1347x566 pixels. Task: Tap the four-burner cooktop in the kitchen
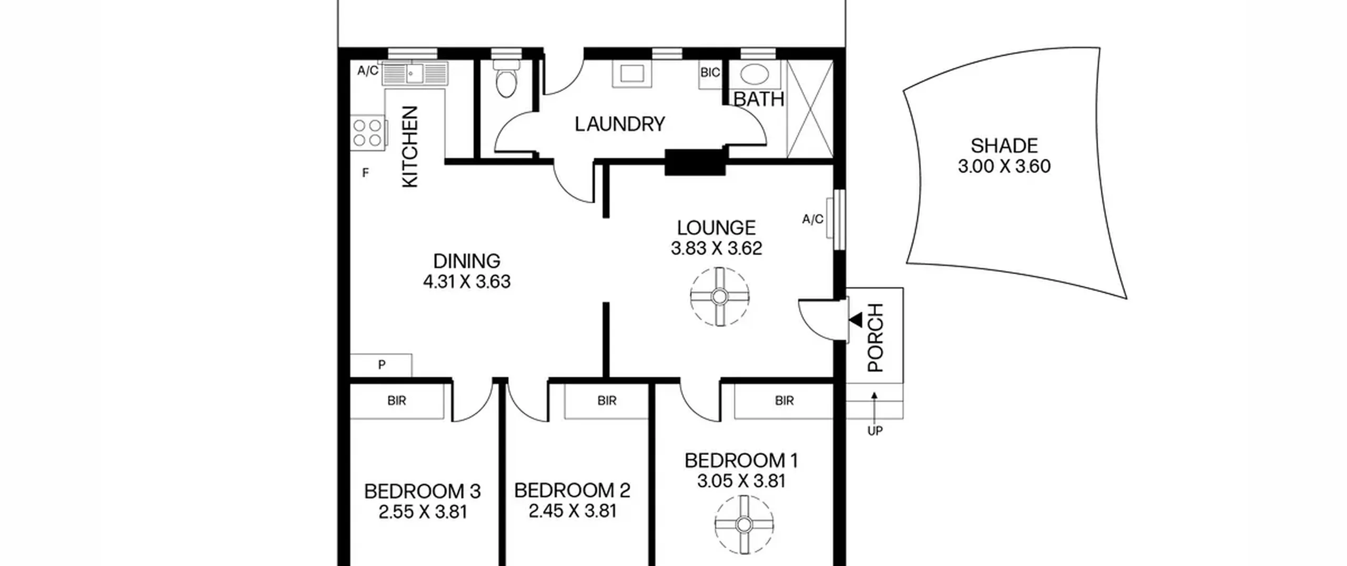tap(368, 132)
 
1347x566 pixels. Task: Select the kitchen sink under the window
tap(415, 73)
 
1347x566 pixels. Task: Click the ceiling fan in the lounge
tap(719, 297)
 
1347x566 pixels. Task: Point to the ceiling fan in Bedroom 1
tap(743, 524)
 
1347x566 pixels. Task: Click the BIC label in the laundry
tap(710, 73)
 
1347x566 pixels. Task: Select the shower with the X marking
tap(810, 109)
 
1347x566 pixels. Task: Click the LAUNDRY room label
tap(620, 124)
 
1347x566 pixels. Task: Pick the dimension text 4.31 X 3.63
tap(467, 282)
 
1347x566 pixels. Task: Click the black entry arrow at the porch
tap(856, 320)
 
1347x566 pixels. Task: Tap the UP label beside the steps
tap(874, 431)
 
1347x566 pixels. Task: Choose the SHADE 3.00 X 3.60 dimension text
tap(1004, 166)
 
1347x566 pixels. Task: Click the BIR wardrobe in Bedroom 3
tap(397, 401)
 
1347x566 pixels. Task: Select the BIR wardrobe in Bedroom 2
tap(607, 401)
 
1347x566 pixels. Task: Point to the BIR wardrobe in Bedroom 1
tap(784, 401)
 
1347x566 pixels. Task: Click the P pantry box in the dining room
tap(381, 365)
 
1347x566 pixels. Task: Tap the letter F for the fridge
tap(366, 173)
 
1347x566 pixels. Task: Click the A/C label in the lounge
tap(812, 219)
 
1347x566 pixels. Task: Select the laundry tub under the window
tap(632, 74)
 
